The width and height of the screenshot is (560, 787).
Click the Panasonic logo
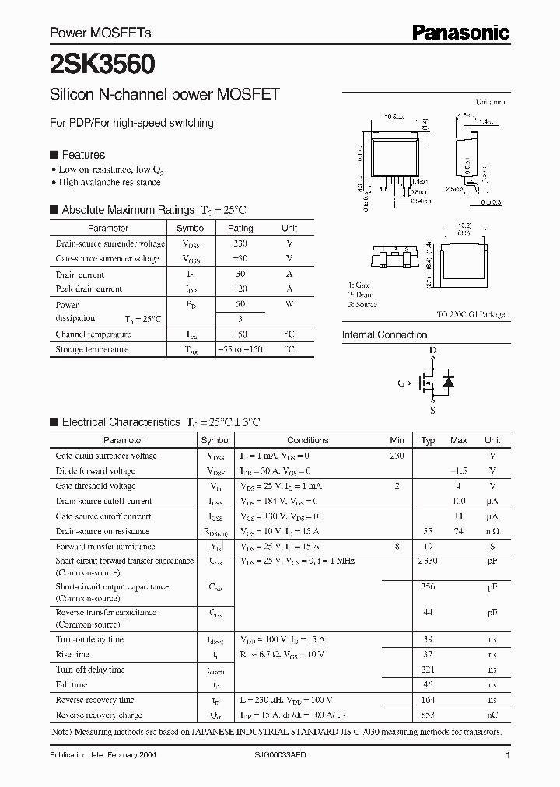pyautogui.click(x=460, y=32)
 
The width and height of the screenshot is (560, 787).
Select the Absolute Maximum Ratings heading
pyautogui.click(x=128, y=210)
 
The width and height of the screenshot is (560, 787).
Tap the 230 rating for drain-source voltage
pyautogui.click(x=240, y=243)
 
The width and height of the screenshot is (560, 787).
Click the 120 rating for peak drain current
pyautogui.click(x=240, y=289)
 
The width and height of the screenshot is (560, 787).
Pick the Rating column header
pyautogui.click(x=240, y=228)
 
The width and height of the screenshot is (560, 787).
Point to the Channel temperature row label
pyautogui.click(x=92, y=334)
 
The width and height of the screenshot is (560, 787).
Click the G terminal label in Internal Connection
pyautogui.click(x=402, y=383)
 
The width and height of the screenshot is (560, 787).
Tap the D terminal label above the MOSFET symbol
pyautogui.click(x=432, y=351)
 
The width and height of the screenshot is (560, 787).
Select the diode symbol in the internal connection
pyautogui.click(x=448, y=382)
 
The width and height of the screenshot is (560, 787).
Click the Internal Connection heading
pyautogui.click(x=384, y=335)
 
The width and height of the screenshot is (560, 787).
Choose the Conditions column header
pyautogui.click(x=308, y=440)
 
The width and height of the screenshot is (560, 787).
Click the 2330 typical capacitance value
pyautogui.click(x=428, y=561)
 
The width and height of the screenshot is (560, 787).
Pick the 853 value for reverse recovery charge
pyautogui.click(x=428, y=713)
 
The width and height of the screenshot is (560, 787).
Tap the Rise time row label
pyautogui.click(x=72, y=655)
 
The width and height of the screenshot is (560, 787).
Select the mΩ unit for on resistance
pyautogui.click(x=492, y=531)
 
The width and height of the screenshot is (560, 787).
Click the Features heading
pyautogui.click(x=83, y=155)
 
